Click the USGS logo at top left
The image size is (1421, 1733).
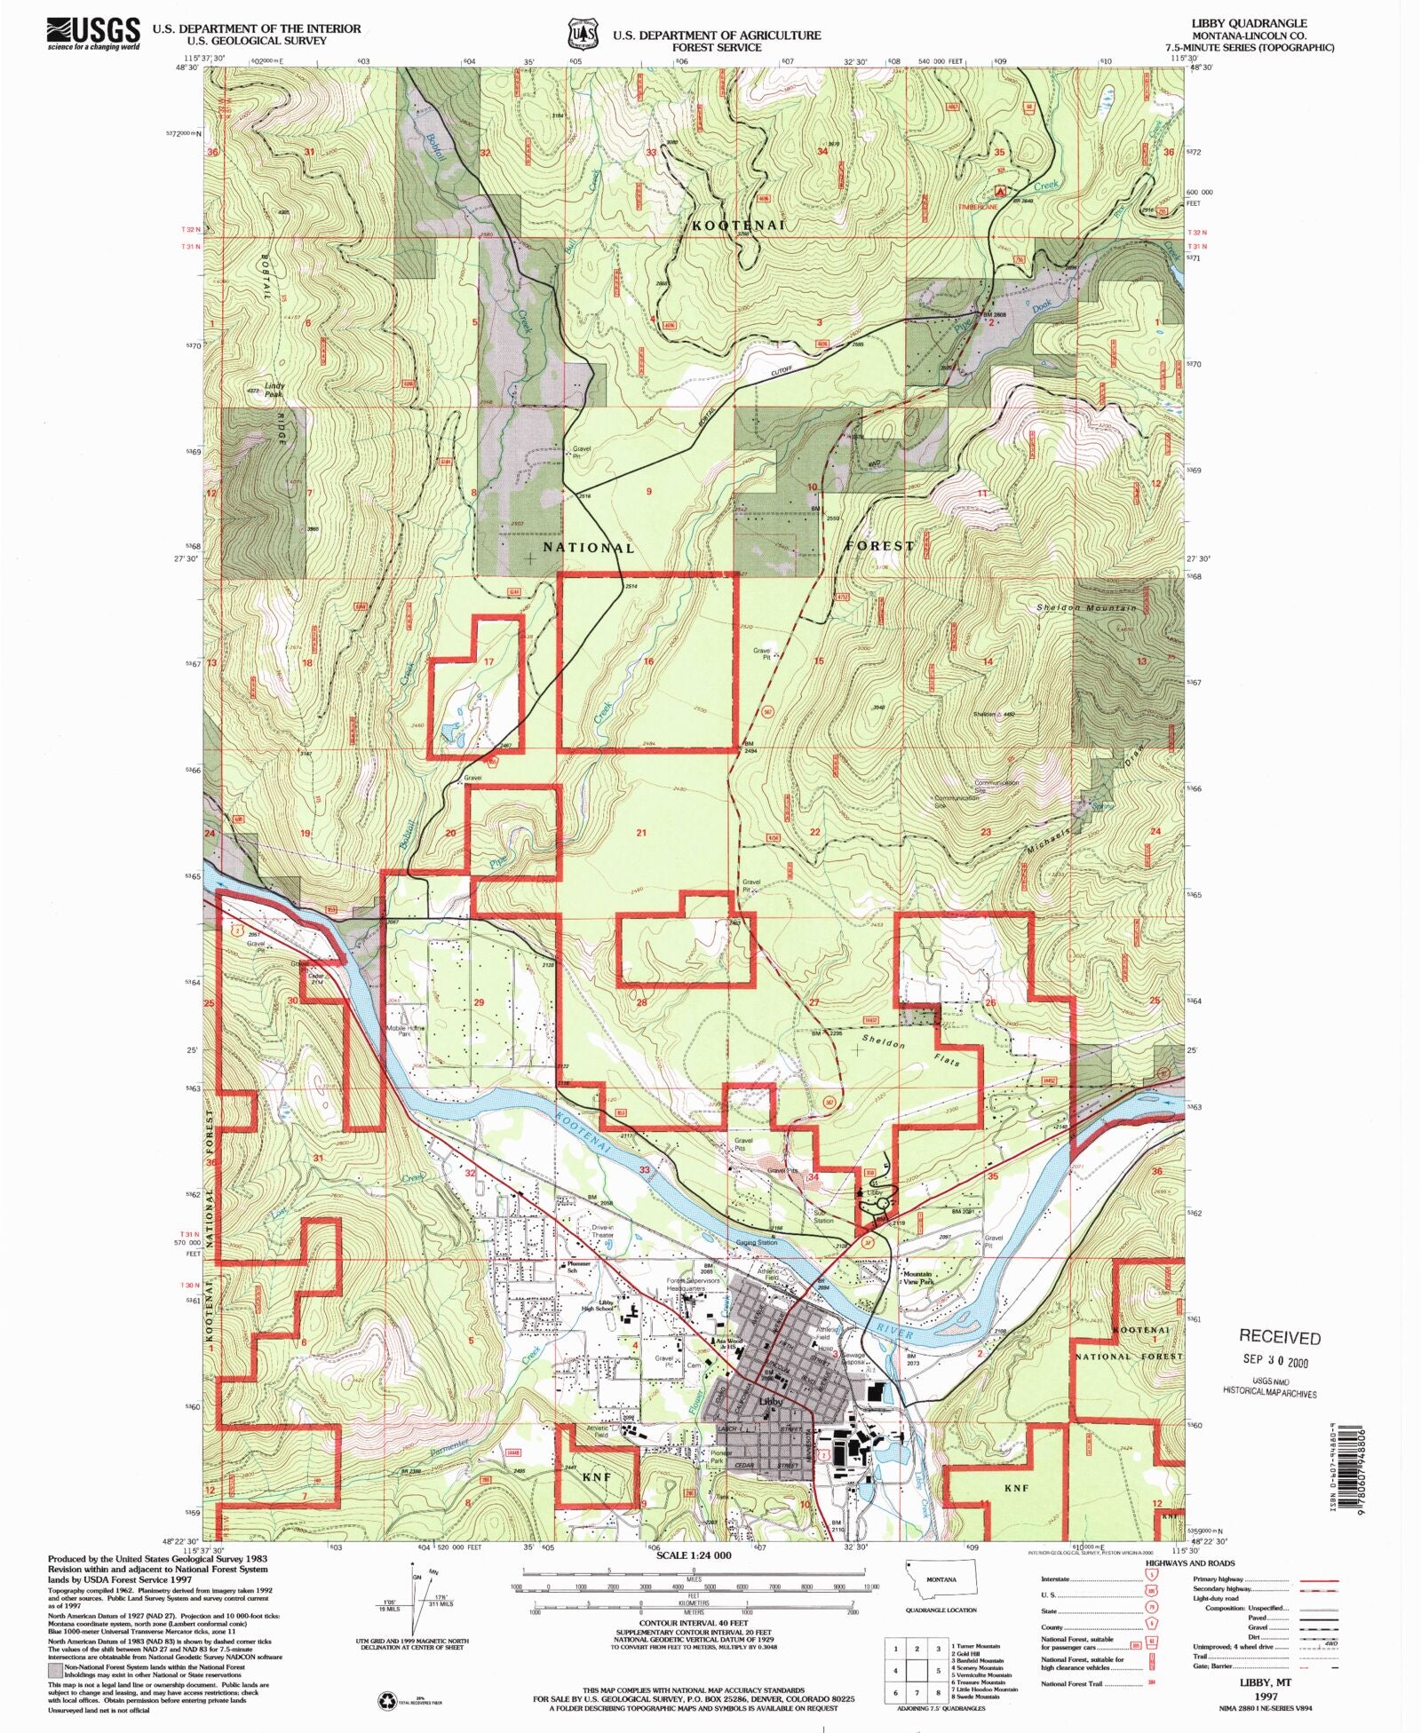tap(93, 34)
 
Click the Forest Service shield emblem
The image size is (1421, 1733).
tap(578, 34)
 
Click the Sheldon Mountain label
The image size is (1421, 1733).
tap(1086, 608)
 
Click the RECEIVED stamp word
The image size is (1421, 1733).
tap(1279, 1337)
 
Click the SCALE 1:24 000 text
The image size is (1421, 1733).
tap(694, 1555)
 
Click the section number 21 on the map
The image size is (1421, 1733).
tap(641, 833)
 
